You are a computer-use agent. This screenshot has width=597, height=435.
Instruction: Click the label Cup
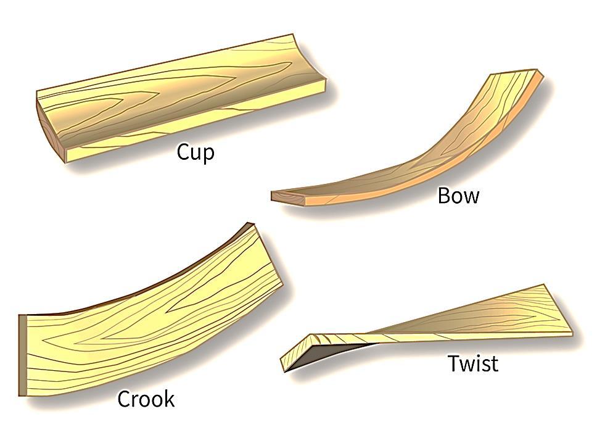196,152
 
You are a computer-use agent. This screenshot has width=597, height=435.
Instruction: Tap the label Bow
458,196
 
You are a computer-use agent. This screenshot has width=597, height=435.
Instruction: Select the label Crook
146,400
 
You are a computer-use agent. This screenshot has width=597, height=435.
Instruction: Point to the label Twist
472,363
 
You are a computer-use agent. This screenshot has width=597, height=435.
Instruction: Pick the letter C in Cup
183,151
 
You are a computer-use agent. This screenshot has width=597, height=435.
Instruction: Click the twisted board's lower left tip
284,371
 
